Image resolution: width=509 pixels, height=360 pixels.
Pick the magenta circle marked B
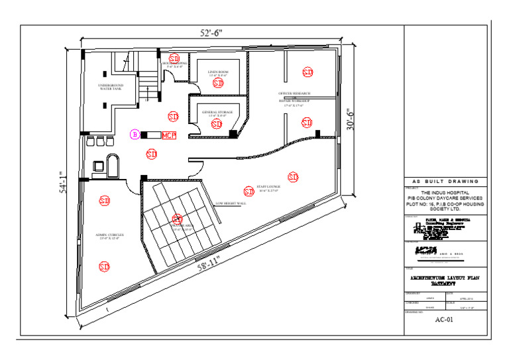tap(135, 135)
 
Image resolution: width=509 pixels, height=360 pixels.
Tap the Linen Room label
tap(218, 72)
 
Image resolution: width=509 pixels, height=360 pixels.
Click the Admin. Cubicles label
tap(111, 235)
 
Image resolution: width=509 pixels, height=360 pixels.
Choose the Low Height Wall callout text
tap(231, 203)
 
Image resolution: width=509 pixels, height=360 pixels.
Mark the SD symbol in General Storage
tap(217, 124)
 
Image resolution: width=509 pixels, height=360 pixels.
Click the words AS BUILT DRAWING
tap(444, 181)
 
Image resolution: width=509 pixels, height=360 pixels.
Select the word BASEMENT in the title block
tap(444, 283)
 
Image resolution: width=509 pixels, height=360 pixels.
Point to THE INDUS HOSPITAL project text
tap(444, 193)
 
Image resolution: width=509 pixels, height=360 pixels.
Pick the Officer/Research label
tap(294, 94)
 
